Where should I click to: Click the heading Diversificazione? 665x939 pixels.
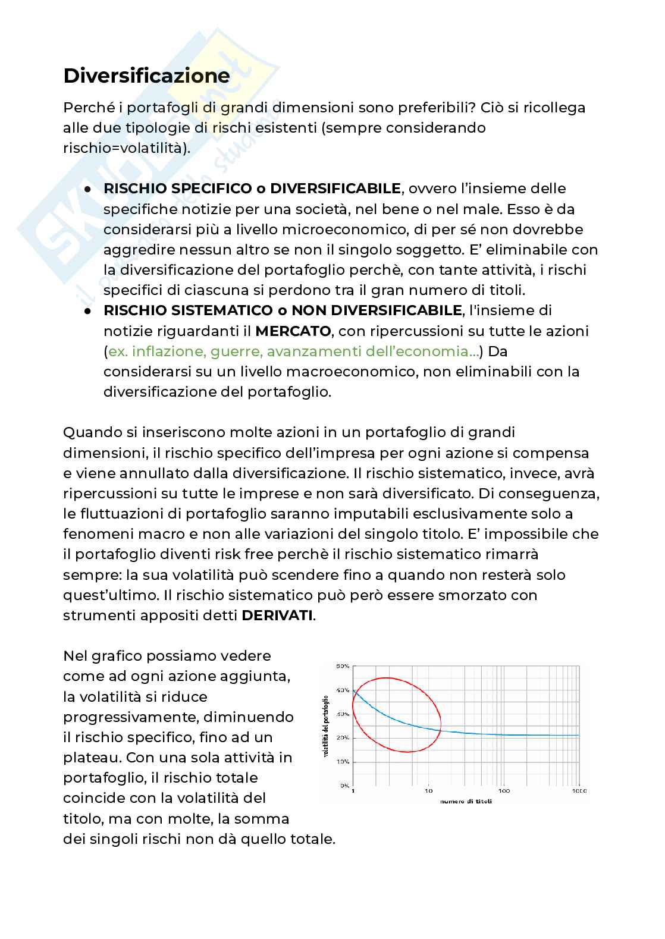point(146,77)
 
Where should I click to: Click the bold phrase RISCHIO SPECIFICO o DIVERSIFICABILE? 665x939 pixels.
point(252,189)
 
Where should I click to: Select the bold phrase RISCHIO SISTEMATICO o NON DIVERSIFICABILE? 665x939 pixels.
point(283,310)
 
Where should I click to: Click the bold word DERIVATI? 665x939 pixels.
point(277,615)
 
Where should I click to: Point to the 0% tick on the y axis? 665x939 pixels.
point(344,786)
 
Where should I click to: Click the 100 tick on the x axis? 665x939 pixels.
point(504,792)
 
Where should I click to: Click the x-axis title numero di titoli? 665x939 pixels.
point(466,801)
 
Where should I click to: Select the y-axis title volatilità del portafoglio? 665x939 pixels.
point(326,726)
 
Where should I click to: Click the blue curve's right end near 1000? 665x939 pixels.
point(577,736)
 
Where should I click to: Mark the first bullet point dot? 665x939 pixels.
point(87,189)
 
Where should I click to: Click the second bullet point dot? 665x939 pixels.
point(87,311)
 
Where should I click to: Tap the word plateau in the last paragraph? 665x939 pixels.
point(91,758)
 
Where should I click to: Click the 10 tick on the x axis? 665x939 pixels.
point(428,792)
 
